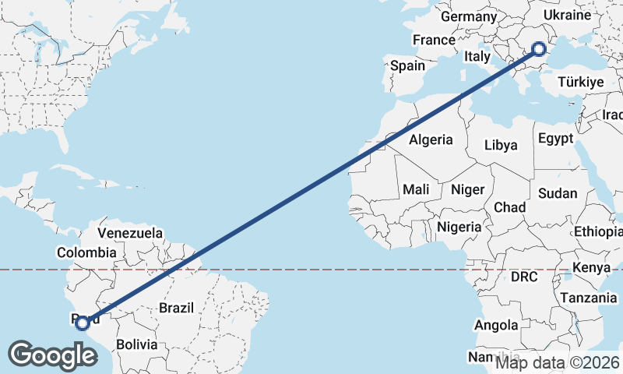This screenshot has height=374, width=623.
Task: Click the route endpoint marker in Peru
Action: pos(82,323)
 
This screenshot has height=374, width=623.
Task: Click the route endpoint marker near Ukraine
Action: pos(539,49)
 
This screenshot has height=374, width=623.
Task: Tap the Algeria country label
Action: pos(431,139)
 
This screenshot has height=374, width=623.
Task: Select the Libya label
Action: pos(500,145)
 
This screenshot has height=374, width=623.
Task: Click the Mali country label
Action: pos(416,189)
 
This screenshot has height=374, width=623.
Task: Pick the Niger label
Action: pos(468,189)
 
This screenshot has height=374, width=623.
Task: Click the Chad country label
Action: pos(509,208)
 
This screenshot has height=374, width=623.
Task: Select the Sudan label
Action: pos(558,193)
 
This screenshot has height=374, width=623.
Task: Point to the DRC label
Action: pos(525,277)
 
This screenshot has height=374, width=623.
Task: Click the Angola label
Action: pos(497,325)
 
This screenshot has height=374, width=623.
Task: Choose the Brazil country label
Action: pos(176,308)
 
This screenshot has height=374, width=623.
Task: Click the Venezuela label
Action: pos(130,233)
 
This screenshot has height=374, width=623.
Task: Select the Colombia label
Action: pos(86,252)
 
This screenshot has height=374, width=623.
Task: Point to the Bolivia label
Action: pos(136,344)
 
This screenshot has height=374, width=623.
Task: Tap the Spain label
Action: pos(407,66)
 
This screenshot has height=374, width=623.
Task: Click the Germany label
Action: pos(469,16)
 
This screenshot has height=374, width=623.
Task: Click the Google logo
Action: pos(52,355)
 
